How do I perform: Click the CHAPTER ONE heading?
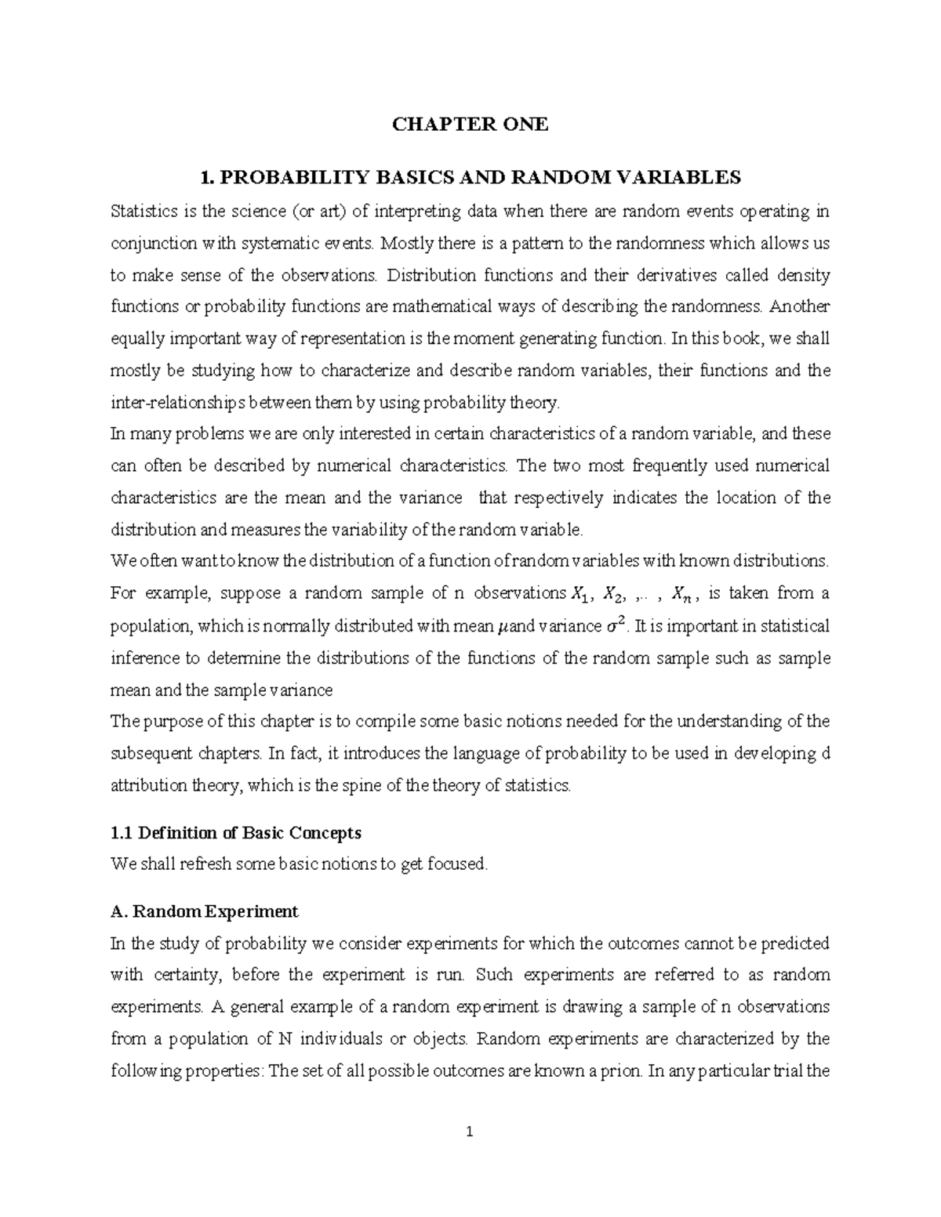point(470,124)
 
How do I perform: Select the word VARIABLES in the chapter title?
point(678,178)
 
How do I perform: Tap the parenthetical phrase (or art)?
point(325,211)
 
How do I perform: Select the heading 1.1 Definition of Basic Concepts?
point(236,832)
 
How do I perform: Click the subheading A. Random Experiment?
point(205,912)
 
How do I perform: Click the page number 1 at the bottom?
point(470,1132)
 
